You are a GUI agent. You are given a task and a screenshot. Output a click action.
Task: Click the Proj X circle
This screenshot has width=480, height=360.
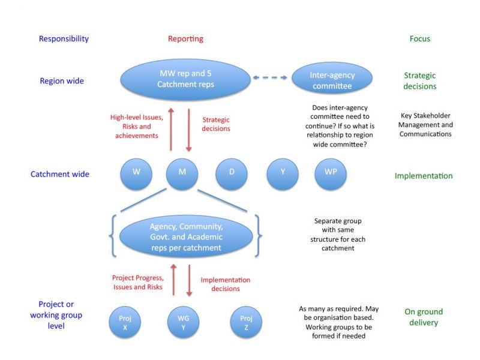(x=125, y=321)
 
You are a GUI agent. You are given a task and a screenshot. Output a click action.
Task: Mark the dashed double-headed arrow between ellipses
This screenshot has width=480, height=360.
(x=271, y=78)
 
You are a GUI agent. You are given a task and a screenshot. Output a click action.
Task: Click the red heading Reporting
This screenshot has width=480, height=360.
(x=185, y=39)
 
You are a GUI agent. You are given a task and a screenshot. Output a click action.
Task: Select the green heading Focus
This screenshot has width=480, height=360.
(x=420, y=39)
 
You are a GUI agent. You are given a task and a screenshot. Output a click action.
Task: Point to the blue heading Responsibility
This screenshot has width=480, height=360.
(x=64, y=39)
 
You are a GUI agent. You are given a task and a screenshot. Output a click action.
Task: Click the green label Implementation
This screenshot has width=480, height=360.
(x=424, y=176)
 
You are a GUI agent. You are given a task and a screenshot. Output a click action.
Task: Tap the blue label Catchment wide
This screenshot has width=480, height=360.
(x=60, y=175)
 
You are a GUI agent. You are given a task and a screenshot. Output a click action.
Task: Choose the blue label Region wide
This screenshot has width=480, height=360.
(x=61, y=81)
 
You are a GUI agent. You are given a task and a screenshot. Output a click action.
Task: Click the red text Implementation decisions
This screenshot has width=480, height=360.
(x=225, y=284)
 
